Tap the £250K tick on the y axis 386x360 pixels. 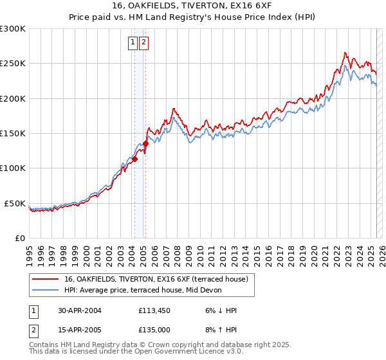point(13,64)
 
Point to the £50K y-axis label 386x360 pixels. point(15,203)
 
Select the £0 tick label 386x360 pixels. point(19,238)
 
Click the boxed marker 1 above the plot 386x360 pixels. point(133,43)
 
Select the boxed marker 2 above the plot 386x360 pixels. point(143,43)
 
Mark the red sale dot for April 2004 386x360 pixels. point(134,159)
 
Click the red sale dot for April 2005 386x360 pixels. point(145,144)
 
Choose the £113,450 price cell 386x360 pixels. point(154,310)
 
